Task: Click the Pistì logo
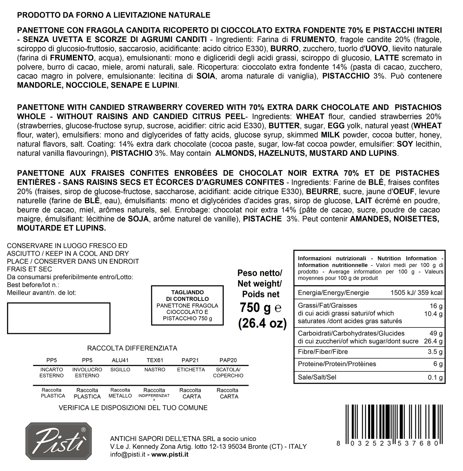coord(59,441)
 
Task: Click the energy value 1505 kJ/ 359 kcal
coord(416,293)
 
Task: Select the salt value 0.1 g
coord(435,377)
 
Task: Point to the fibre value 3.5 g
coord(435,352)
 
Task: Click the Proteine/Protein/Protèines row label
coord(332,364)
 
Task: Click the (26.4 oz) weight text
coord(262,323)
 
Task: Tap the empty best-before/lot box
coord(59,318)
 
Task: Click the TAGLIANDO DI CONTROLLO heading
coord(187,296)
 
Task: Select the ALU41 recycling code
coord(120,360)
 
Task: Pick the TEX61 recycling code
coord(155,360)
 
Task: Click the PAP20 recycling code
coord(228,360)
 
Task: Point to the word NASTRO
coord(155,370)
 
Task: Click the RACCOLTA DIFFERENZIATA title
coord(132,348)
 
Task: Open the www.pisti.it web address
coord(170,455)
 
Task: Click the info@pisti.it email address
coord(128,455)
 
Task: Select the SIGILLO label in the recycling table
coord(120,370)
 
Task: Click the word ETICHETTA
coord(191,370)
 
